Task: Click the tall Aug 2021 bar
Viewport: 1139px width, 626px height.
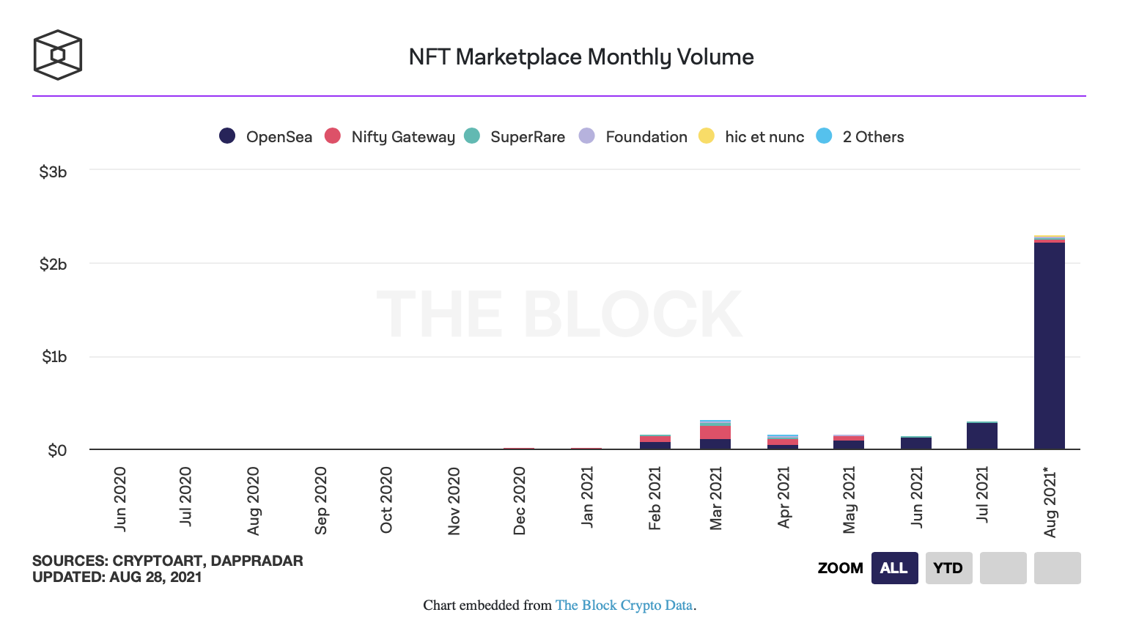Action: pyautogui.click(x=1049, y=345)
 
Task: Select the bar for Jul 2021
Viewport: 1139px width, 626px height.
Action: pyautogui.click(x=981, y=436)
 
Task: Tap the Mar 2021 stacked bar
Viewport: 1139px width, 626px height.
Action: pyautogui.click(x=715, y=435)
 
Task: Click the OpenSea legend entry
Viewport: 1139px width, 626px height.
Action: pyautogui.click(x=266, y=136)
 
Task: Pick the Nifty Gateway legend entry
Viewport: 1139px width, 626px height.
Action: pyautogui.click(x=390, y=136)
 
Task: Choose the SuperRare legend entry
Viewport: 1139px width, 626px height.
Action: pyautogui.click(x=515, y=136)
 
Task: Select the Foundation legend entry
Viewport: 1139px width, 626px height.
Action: pyautogui.click(x=633, y=136)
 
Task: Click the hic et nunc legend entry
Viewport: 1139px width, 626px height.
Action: pyautogui.click(x=751, y=136)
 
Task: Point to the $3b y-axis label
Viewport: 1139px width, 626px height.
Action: pyautogui.click(x=53, y=172)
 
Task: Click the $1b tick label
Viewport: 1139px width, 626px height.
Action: pyautogui.click(x=54, y=357)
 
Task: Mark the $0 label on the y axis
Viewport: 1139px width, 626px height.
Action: pyautogui.click(x=57, y=450)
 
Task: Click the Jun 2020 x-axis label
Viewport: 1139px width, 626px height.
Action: pyautogui.click(x=120, y=498)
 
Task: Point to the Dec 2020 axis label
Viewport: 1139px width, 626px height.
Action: pyautogui.click(x=520, y=501)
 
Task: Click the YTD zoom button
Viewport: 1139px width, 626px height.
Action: pyautogui.click(x=948, y=568)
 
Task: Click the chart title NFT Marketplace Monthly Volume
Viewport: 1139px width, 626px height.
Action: pyautogui.click(x=581, y=57)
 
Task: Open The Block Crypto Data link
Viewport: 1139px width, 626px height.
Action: pyautogui.click(x=624, y=605)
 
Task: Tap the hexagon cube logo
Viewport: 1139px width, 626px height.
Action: pyautogui.click(x=58, y=55)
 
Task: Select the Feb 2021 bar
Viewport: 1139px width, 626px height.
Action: pyautogui.click(x=655, y=441)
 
